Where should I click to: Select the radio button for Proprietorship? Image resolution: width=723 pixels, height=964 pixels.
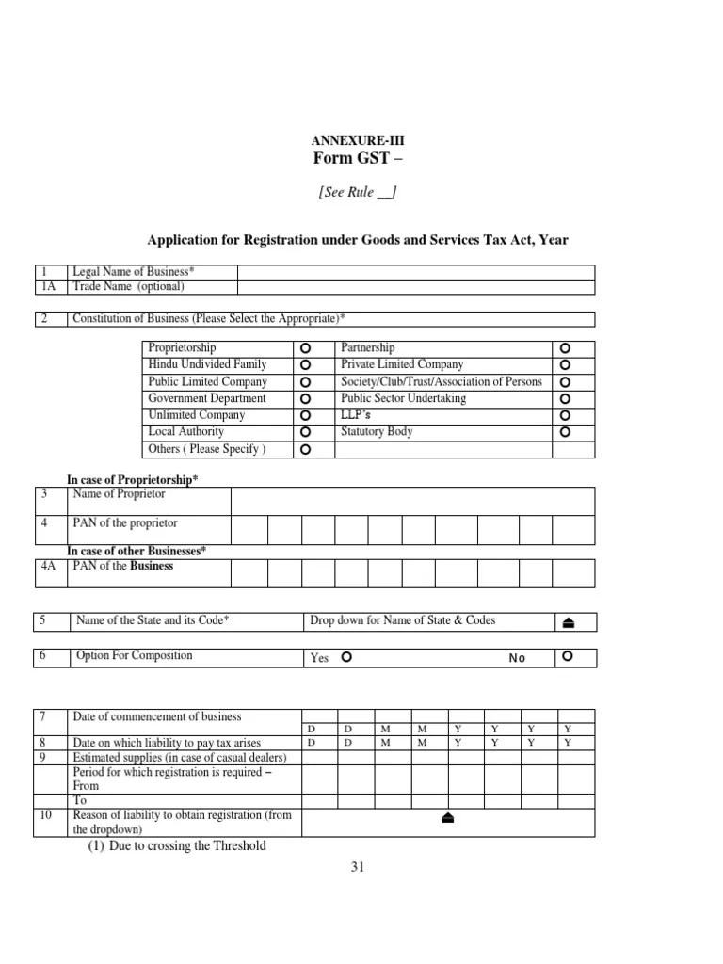coord(305,348)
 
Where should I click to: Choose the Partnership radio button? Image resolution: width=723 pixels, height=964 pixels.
coord(565,348)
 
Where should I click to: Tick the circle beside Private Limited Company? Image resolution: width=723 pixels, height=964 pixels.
coord(565,365)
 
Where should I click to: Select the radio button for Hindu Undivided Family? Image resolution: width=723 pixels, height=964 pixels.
coord(305,365)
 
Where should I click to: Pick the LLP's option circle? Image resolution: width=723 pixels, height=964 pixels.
coord(565,415)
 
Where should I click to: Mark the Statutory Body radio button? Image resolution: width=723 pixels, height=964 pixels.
coord(565,432)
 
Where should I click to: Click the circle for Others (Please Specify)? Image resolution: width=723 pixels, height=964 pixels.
coord(305,450)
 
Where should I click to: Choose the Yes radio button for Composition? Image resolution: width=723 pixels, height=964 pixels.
coord(346,657)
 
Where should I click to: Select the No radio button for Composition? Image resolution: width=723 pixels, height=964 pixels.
coord(567,657)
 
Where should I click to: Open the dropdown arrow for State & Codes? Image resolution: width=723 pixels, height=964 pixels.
coord(569,621)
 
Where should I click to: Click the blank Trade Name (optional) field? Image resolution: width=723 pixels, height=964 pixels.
coord(415,286)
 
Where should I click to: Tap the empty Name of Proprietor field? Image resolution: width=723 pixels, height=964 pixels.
coord(412,500)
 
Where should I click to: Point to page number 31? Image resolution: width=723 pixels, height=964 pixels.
coord(357,868)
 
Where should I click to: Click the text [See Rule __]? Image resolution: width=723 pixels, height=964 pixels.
coord(357,192)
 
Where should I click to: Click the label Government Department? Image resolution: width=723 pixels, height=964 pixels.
coord(206,398)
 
